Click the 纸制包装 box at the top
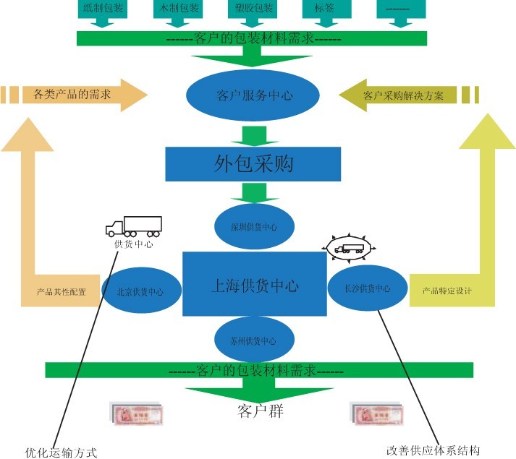103,9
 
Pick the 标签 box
323,9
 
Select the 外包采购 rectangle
253,164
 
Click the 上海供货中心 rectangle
253,285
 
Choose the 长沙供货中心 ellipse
368,288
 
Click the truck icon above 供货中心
134,227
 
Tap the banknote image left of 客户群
136,413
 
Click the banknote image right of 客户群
376,413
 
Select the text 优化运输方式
61,452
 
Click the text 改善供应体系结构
433,450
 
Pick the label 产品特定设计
447,291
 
